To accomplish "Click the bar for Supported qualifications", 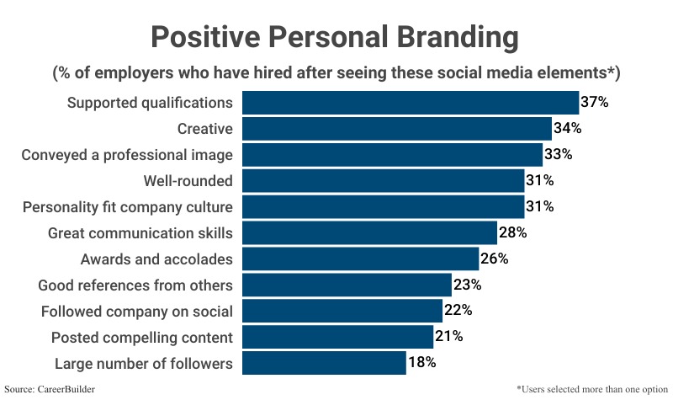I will point(411,103).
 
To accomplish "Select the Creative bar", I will point(397,129).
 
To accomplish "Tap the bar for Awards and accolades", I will point(360,259).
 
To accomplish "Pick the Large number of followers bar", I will point(324,363).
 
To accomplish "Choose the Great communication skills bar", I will point(369,232).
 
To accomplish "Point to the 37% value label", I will point(594,103).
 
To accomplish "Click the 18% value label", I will point(421,363).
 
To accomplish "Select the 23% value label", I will point(467,285).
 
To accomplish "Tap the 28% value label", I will point(512,232).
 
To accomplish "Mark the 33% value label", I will point(558,155).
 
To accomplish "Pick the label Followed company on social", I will point(137,311).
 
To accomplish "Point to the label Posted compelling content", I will point(142,337).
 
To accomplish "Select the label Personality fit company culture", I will point(128,207).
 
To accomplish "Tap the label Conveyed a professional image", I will point(127,155).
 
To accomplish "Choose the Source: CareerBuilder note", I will point(49,390).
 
